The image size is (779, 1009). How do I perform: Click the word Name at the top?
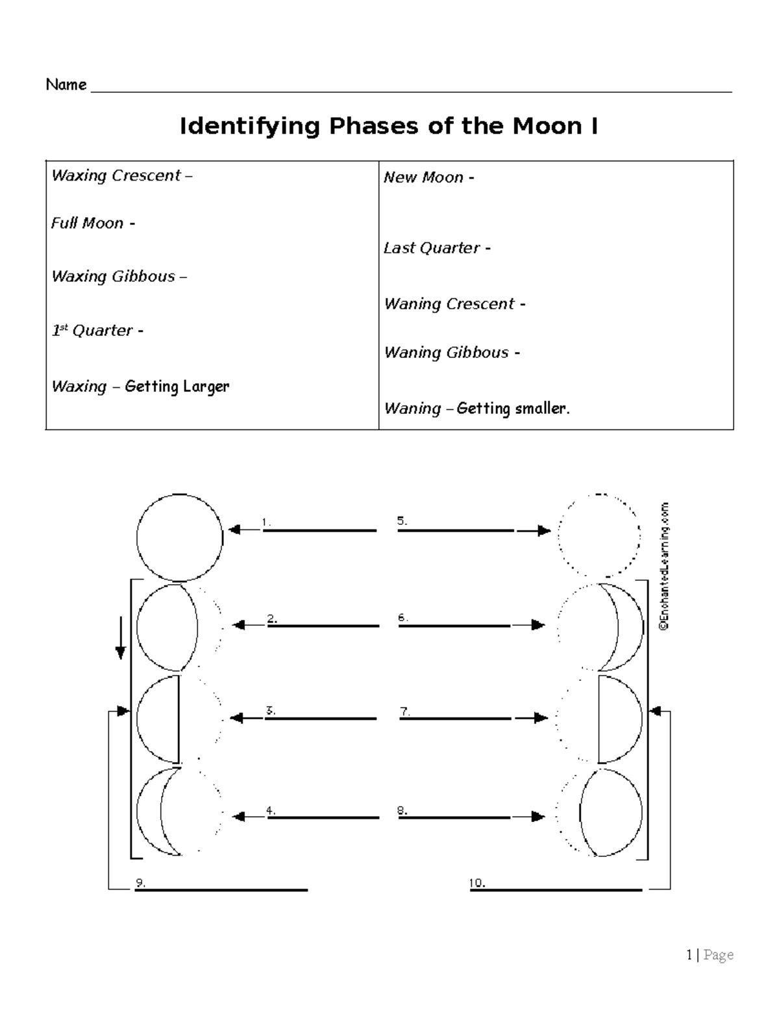tap(66, 84)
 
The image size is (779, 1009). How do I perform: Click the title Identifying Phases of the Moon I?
tap(388, 126)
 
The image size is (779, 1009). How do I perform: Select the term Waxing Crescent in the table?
tap(116, 175)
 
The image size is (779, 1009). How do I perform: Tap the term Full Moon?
tap(87, 223)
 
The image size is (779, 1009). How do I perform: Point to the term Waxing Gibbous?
tap(113, 276)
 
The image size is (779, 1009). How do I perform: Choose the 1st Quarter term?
tap(92, 330)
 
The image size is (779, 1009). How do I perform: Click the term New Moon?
tap(423, 177)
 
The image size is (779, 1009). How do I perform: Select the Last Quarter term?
tap(431, 248)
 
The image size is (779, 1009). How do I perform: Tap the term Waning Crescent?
tap(449, 303)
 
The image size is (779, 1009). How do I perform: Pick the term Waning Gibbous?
tap(446, 352)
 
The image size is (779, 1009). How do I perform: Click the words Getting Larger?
tap(177, 387)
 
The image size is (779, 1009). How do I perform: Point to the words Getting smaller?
tap(513, 409)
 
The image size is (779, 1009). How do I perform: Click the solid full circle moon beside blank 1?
tap(180, 537)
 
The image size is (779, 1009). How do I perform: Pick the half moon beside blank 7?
tap(620, 719)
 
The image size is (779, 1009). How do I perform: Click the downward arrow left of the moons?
tap(120, 639)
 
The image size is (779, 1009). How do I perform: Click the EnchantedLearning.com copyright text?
tap(663, 566)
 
